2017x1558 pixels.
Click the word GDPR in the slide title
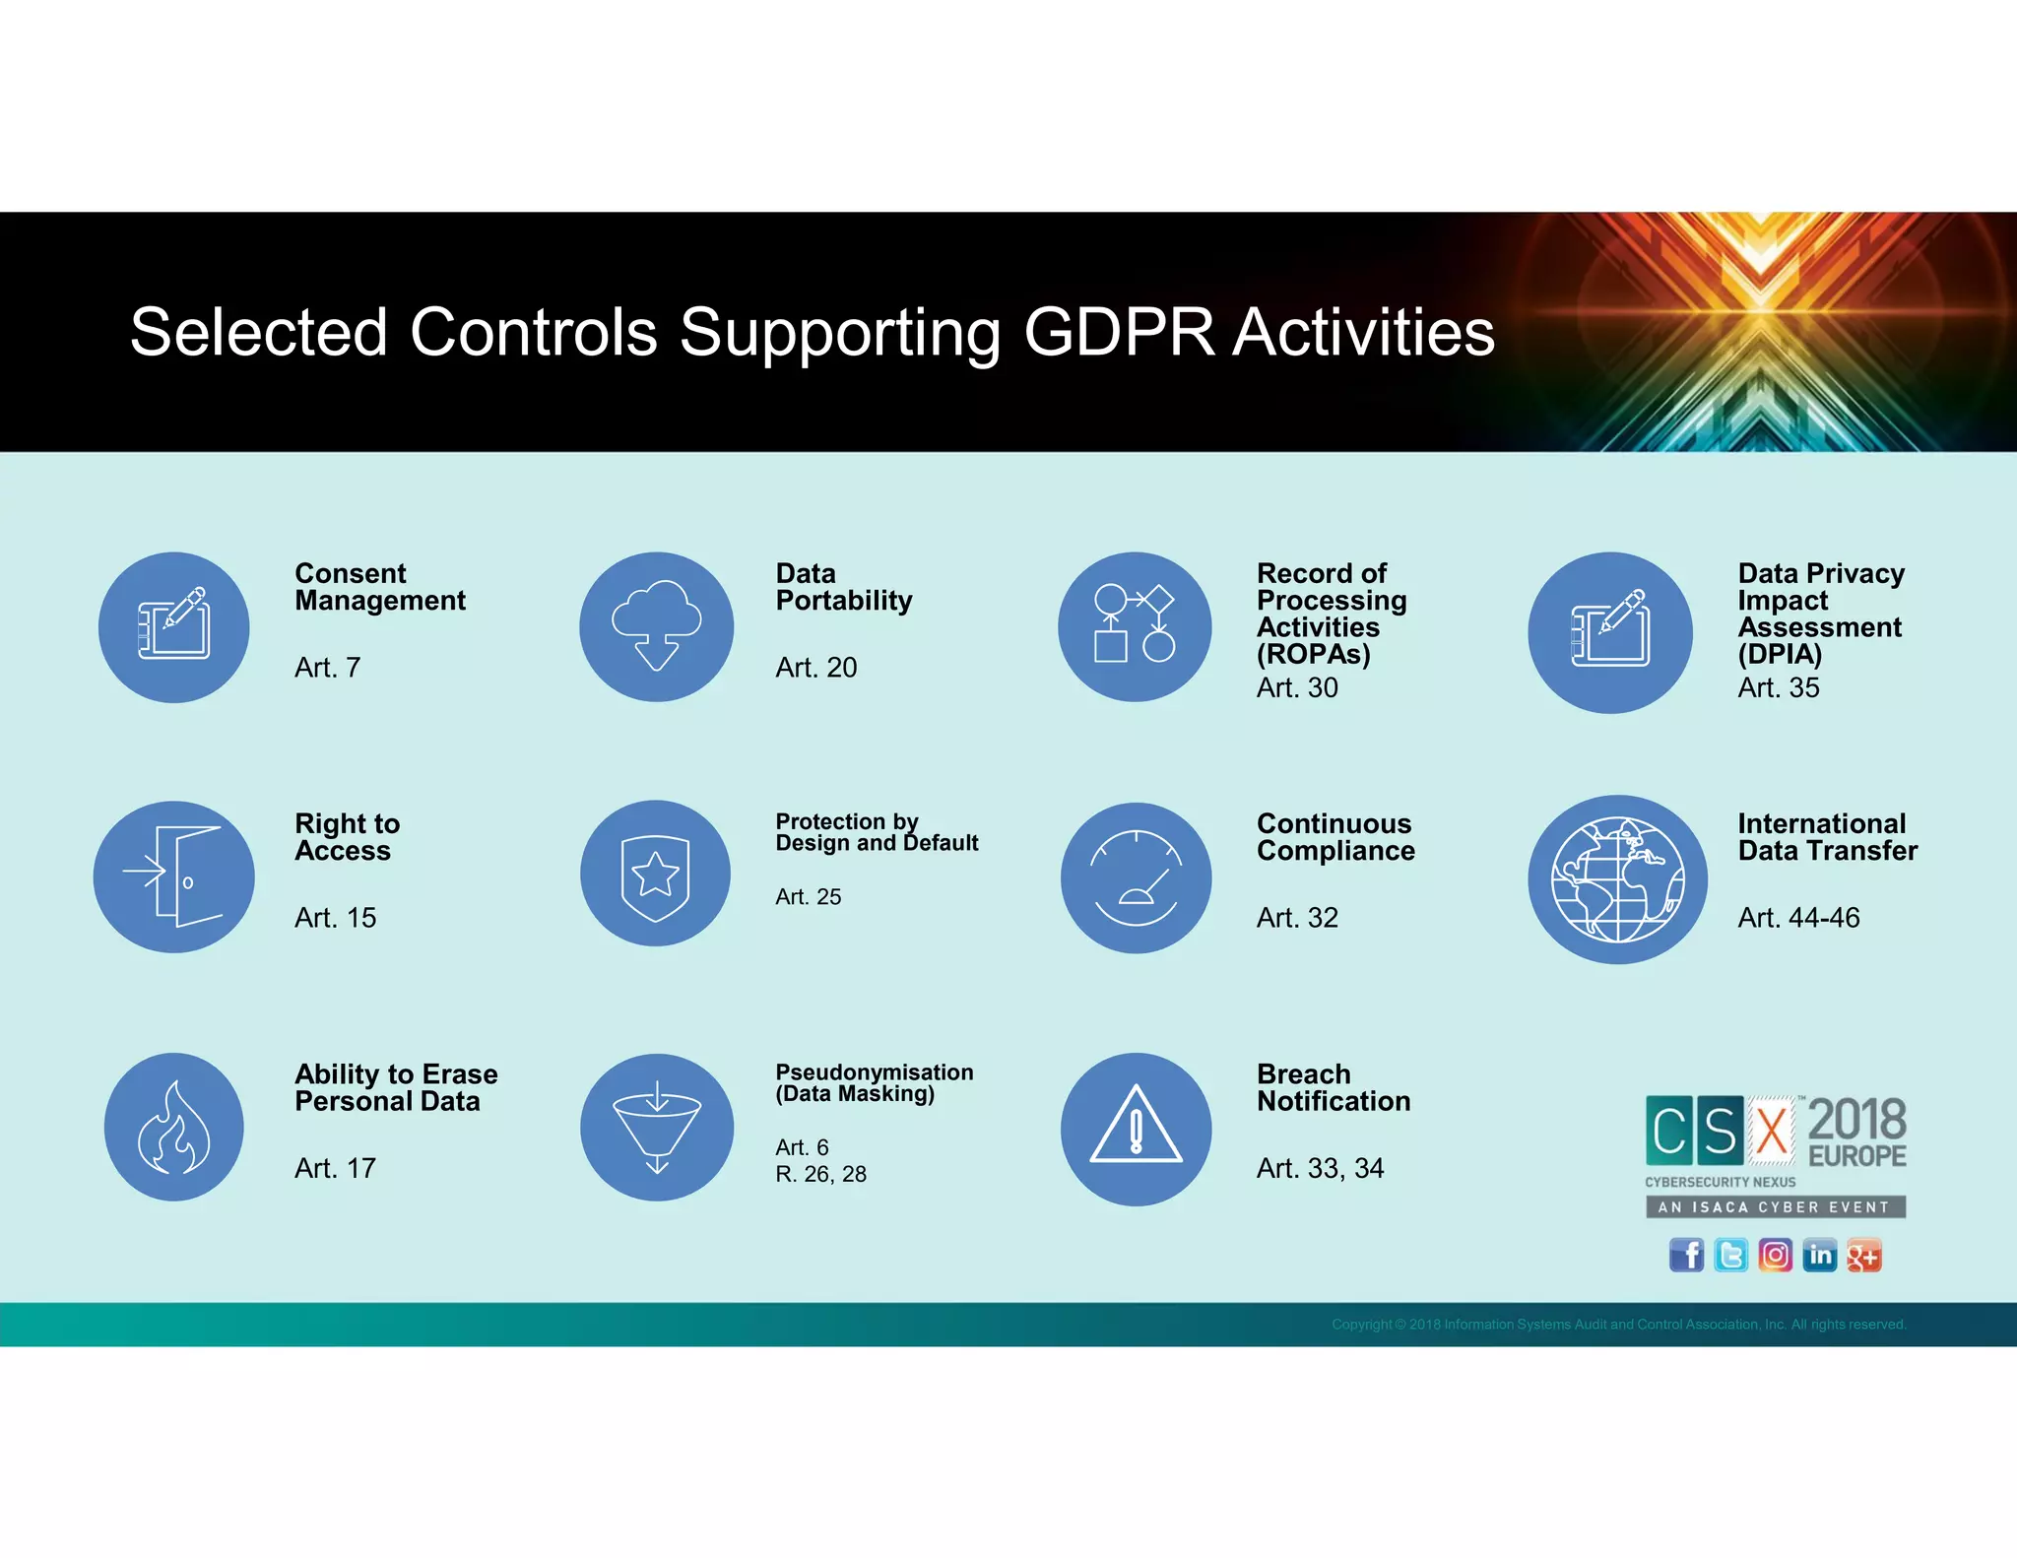1119,333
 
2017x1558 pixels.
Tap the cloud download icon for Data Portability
657,627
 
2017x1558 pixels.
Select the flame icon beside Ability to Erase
174,1128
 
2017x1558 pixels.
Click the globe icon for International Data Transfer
1617,878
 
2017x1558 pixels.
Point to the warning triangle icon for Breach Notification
1136,1129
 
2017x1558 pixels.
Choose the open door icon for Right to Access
174,876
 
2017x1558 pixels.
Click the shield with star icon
656,874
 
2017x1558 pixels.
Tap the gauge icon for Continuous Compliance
1136,877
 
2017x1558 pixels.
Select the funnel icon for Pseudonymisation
657,1128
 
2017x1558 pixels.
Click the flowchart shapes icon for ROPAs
1135,627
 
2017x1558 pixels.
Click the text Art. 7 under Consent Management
327,668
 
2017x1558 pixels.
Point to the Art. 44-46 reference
1798,918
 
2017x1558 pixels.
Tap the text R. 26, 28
820,1174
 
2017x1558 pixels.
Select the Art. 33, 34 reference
1320,1168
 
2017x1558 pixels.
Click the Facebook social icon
1686,1256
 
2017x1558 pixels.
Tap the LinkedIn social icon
1819,1256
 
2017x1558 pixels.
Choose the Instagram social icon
1775,1256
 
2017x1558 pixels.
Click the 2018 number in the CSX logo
1856,1120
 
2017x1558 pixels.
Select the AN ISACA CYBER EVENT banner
1775,1207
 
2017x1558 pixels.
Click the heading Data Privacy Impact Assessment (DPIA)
1820,614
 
